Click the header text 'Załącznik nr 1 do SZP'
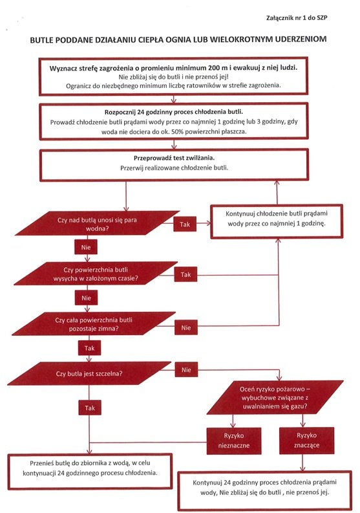click(297, 18)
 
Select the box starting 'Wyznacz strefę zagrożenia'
click(173, 76)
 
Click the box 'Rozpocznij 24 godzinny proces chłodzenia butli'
click(174, 122)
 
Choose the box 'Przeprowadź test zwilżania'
click(174, 165)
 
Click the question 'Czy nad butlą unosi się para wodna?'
click(97, 223)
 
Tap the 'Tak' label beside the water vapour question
click(185, 224)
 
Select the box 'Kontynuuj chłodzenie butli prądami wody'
click(276, 221)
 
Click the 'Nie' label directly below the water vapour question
click(86, 247)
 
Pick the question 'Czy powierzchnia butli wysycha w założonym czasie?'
click(96, 274)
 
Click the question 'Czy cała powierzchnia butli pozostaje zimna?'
click(94, 324)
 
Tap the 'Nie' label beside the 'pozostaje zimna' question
click(186, 327)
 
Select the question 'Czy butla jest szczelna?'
click(89, 373)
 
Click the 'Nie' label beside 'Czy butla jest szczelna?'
click(186, 369)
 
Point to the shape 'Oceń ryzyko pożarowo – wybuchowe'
click(275, 397)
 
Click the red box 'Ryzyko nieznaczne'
click(234, 441)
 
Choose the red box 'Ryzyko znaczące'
click(307, 441)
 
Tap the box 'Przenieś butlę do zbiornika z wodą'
click(90, 471)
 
